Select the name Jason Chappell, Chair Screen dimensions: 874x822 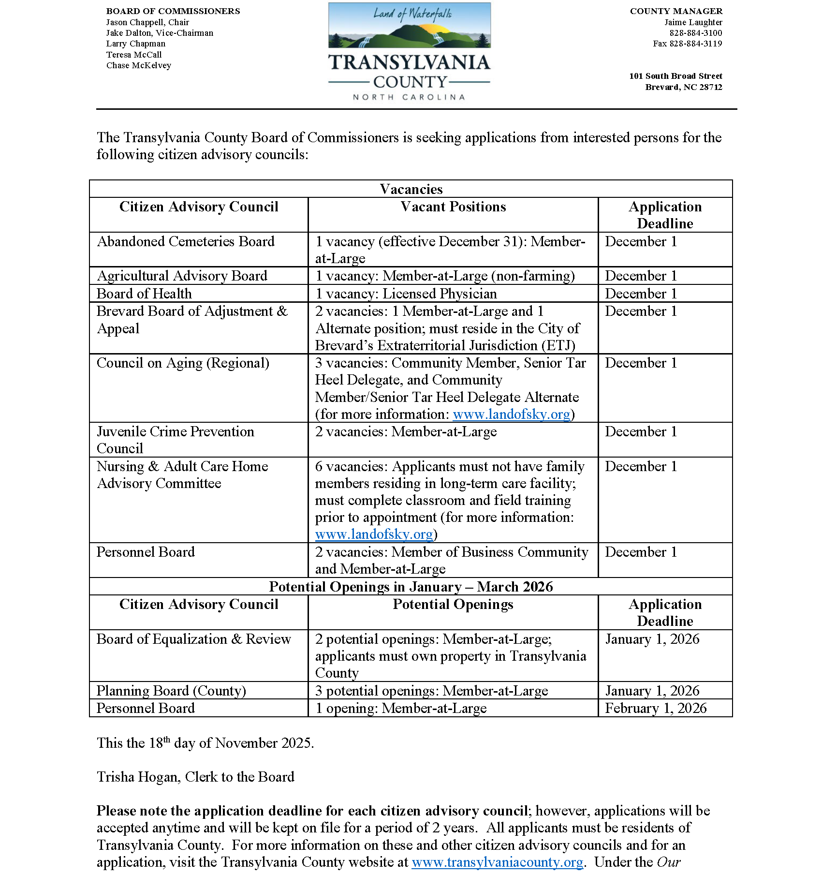147,22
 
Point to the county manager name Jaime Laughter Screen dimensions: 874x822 693,22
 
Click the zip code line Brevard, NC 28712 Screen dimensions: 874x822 683,87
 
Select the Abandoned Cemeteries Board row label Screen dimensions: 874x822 186,241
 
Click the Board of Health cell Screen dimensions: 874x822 144,294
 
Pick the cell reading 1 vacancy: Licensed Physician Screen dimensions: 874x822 406,294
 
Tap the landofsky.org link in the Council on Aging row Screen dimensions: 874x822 511,415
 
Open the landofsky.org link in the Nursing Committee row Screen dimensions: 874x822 374,534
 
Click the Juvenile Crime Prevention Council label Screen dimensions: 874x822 175,440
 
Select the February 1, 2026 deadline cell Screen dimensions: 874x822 656,708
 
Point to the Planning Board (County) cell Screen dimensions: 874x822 171,691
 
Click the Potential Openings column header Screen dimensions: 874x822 453,604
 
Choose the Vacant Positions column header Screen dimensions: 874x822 453,207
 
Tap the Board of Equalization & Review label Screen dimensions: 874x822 193,639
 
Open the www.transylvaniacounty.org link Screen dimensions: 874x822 497,862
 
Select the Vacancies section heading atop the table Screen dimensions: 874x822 411,189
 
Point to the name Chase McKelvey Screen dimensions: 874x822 139,65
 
